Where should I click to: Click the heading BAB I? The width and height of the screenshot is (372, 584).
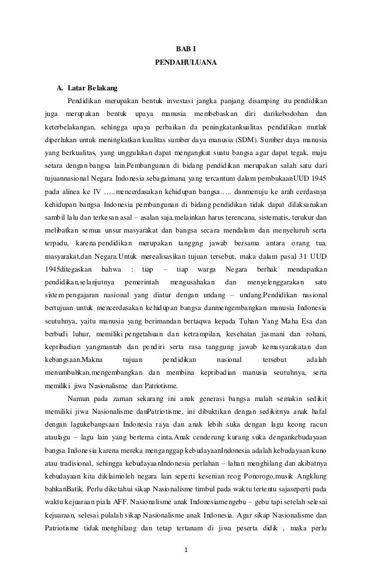pos(186,50)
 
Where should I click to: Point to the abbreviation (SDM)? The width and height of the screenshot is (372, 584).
pos(247,140)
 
